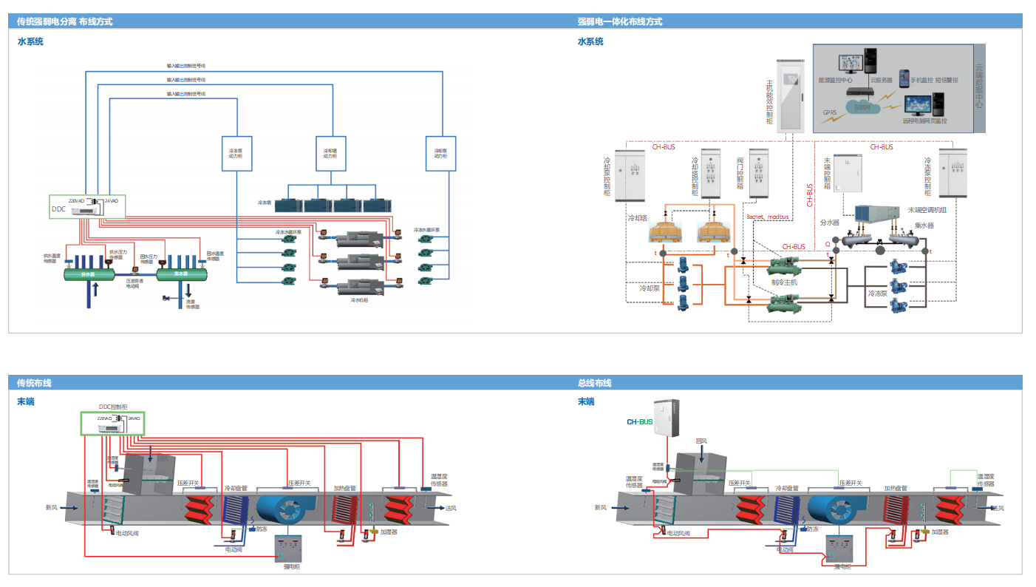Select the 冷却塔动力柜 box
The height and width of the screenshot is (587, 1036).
330,154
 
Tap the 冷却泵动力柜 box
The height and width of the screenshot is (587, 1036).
440,154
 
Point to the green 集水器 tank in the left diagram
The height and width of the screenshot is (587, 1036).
183,274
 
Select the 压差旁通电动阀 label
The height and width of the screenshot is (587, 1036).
134,283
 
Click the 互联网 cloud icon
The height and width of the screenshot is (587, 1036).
862,108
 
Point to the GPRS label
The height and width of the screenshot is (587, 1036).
830,113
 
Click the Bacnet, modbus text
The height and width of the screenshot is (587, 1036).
769,217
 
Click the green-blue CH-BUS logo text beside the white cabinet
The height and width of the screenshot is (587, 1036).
640,422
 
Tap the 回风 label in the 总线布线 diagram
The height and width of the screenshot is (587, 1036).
702,441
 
